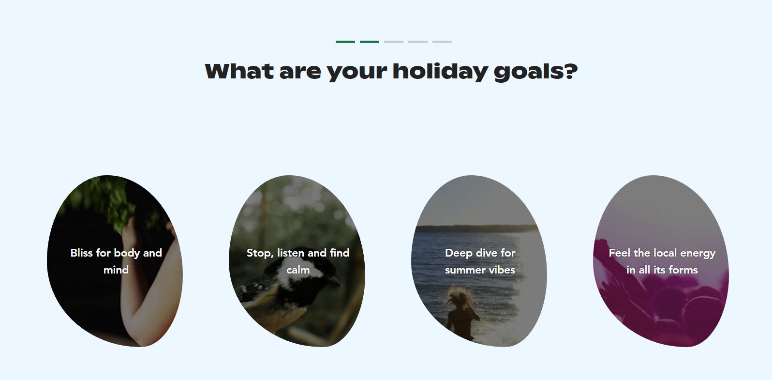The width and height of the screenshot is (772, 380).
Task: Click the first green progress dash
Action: [345, 42]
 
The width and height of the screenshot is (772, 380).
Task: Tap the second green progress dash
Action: [370, 42]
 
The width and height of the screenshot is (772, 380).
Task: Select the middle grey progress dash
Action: [418, 42]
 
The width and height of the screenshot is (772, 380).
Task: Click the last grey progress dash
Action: [442, 42]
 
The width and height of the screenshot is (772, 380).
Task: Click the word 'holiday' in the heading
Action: [440, 72]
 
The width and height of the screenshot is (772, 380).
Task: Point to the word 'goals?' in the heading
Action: [535, 72]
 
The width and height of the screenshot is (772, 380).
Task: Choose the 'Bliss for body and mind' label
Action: [116, 261]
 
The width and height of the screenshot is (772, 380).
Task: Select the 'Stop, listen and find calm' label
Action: [298, 261]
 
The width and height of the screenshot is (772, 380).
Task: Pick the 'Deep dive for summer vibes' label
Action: [480, 261]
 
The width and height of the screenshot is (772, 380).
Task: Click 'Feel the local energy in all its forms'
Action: [662, 261]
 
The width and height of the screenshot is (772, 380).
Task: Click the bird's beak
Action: [335, 282]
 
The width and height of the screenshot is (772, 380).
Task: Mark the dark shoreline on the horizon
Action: [475, 228]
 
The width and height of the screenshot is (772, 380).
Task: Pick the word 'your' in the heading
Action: [357, 73]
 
